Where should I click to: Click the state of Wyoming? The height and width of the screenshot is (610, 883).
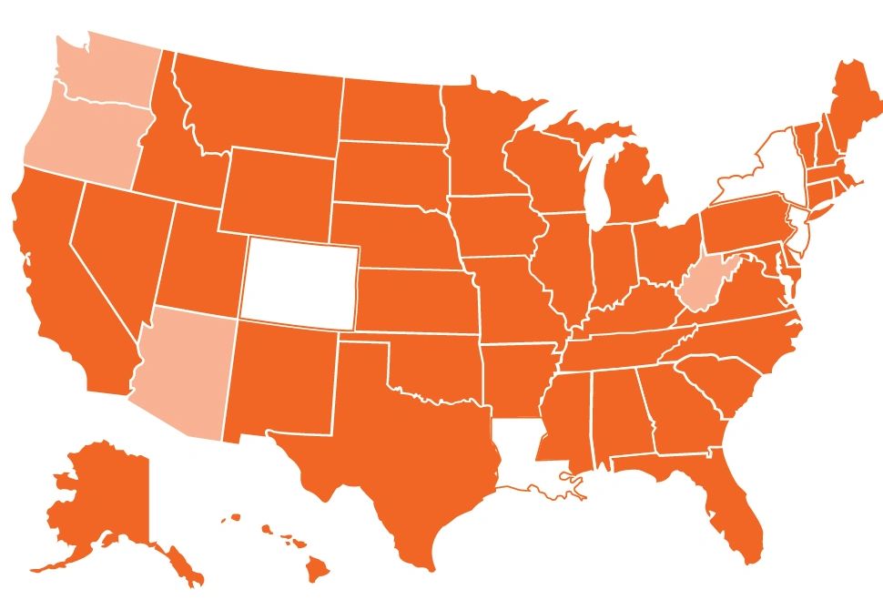278,191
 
